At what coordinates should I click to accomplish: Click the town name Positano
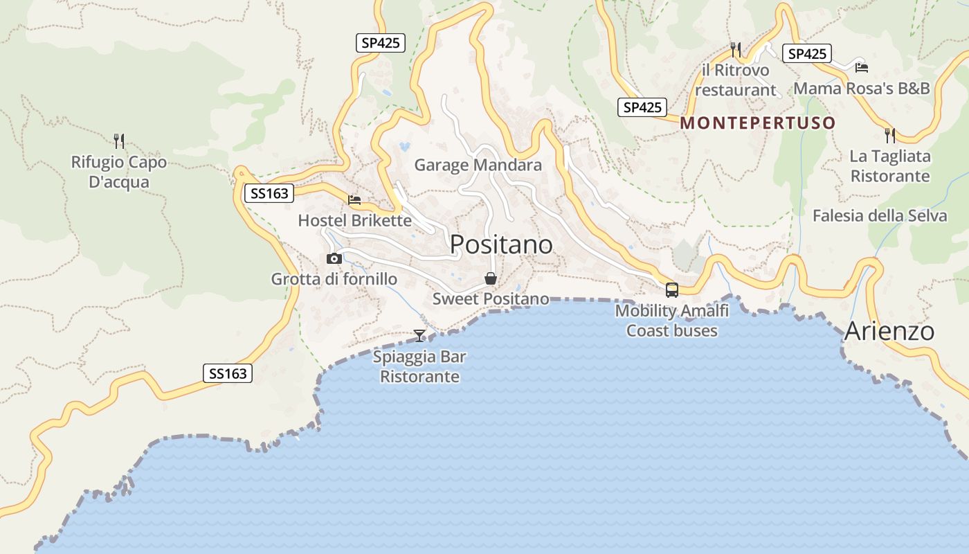(x=501, y=244)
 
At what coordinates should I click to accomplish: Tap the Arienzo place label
(x=889, y=331)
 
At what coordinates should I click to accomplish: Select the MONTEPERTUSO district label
(x=758, y=123)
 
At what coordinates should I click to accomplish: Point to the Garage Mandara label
(x=478, y=165)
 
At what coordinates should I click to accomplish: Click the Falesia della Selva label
(x=879, y=215)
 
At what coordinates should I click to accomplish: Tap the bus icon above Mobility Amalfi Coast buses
(x=671, y=289)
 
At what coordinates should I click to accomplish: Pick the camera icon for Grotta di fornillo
(x=334, y=258)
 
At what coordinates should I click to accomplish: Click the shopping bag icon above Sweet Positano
(x=491, y=278)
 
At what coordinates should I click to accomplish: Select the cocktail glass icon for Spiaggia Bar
(x=419, y=336)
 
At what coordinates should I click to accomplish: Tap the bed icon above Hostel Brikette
(x=354, y=200)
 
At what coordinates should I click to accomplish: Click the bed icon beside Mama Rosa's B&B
(x=861, y=67)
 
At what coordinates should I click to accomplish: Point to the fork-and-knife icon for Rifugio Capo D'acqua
(x=119, y=141)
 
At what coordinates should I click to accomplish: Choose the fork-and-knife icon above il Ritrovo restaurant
(x=736, y=49)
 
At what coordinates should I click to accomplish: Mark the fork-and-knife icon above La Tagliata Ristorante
(x=890, y=135)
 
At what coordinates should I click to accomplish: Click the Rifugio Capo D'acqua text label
(x=119, y=172)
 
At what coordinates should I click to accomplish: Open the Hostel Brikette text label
(x=354, y=221)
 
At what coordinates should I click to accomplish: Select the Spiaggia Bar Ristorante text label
(x=419, y=367)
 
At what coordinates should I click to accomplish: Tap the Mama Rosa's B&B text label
(x=861, y=89)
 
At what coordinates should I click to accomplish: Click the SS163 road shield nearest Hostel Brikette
(x=269, y=193)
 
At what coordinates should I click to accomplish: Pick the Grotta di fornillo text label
(x=334, y=279)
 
